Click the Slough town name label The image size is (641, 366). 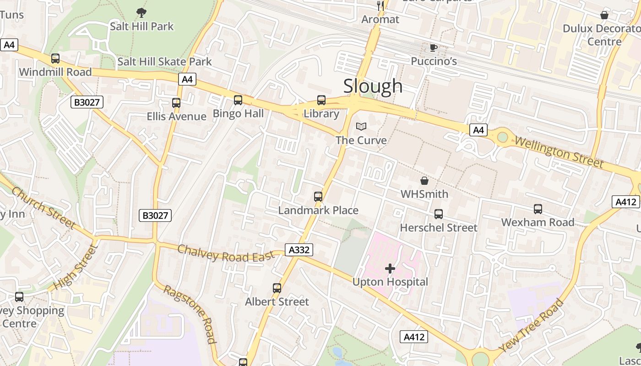(373, 86)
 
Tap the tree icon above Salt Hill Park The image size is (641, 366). (141, 13)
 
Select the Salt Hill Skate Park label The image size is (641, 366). (164, 61)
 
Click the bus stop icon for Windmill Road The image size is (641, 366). (55, 59)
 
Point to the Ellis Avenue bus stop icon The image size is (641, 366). (176, 103)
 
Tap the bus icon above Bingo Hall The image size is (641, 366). (238, 100)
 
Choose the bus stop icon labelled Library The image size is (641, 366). (321, 100)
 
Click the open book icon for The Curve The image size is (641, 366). (361, 126)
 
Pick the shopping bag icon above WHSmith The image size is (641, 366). (424, 181)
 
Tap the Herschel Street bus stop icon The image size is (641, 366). (439, 214)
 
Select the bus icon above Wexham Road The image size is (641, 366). (538, 209)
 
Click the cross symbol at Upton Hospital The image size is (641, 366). (390, 269)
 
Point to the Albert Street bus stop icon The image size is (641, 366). (277, 288)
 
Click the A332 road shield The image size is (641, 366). (299, 250)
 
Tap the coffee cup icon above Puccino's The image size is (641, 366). (434, 48)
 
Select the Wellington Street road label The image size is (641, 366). (559, 151)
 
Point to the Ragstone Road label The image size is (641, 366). (190, 314)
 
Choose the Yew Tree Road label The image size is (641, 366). (531, 326)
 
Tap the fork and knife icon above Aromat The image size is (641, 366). (380, 5)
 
